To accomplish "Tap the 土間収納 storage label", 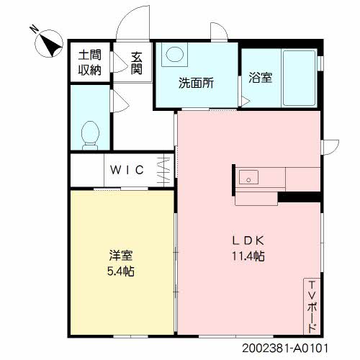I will point(90,63).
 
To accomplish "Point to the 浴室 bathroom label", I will point(260,78).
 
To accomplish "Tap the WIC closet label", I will point(127,170).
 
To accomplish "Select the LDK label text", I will point(244,239).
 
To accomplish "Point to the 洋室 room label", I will point(120,256).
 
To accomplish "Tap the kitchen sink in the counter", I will point(248,176).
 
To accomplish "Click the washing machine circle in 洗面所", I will point(174,54).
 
